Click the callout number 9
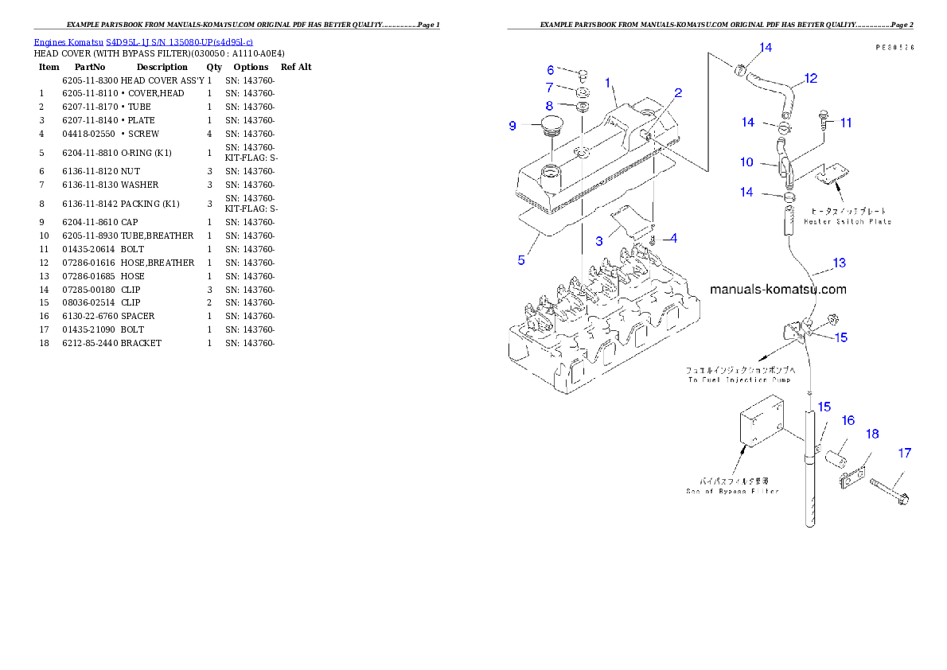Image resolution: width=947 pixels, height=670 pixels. [x=512, y=126]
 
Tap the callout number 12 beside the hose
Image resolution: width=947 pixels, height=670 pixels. [x=810, y=79]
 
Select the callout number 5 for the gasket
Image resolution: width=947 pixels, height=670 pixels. [x=521, y=260]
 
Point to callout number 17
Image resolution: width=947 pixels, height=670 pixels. [x=904, y=453]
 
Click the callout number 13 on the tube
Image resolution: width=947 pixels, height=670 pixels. [x=839, y=263]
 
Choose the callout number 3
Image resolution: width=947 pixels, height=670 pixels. [x=599, y=241]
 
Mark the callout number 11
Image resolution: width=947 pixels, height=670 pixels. [x=845, y=123]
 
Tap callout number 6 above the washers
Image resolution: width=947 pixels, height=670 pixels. [x=550, y=70]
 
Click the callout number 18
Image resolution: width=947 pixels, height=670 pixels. [x=872, y=434]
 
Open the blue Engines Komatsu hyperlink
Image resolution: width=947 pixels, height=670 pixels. [x=143, y=41]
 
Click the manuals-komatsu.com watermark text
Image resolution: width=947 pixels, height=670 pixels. [x=777, y=290]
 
